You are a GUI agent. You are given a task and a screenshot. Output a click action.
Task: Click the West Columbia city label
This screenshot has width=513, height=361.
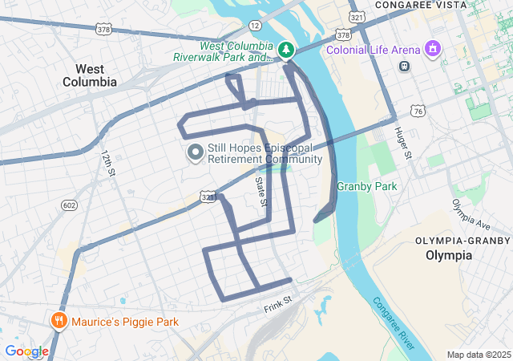click(x=90, y=75)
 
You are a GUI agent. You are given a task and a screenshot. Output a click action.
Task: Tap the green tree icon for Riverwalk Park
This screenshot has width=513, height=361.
click(x=286, y=51)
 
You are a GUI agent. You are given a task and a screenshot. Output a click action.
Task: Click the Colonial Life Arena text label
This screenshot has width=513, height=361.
click(x=374, y=51)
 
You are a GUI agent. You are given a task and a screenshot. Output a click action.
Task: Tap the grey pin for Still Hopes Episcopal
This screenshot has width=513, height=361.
click(x=195, y=152)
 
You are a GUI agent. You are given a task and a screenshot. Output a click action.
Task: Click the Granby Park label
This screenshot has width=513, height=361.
click(x=367, y=187)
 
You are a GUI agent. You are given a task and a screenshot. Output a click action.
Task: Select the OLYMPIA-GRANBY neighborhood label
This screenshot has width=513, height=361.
click(x=463, y=241)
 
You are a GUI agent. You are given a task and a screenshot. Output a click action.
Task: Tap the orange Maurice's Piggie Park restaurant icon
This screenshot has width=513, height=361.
click(x=59, y=322)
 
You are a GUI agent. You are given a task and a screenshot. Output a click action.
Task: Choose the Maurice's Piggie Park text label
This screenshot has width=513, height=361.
click(x=124, y=322)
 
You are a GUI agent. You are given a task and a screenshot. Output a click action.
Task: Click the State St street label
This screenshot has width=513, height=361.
click(x=261, y=193)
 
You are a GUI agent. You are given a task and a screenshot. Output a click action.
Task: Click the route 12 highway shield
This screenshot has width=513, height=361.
click(x=255, y=26)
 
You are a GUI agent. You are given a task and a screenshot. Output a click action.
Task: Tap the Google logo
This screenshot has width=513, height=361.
click(x=26, y=351)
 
